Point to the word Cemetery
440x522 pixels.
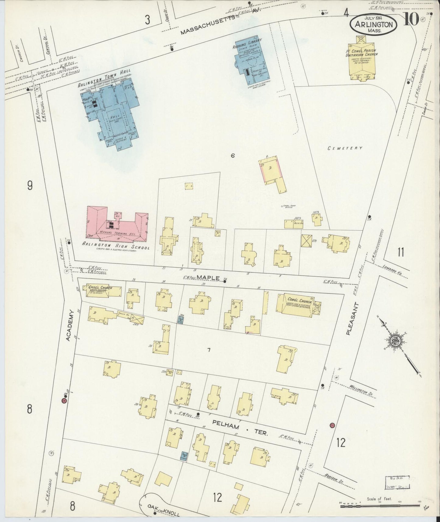coord(345,148)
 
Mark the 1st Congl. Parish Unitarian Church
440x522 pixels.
coord(361,61)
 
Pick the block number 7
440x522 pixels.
coord(209,350)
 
